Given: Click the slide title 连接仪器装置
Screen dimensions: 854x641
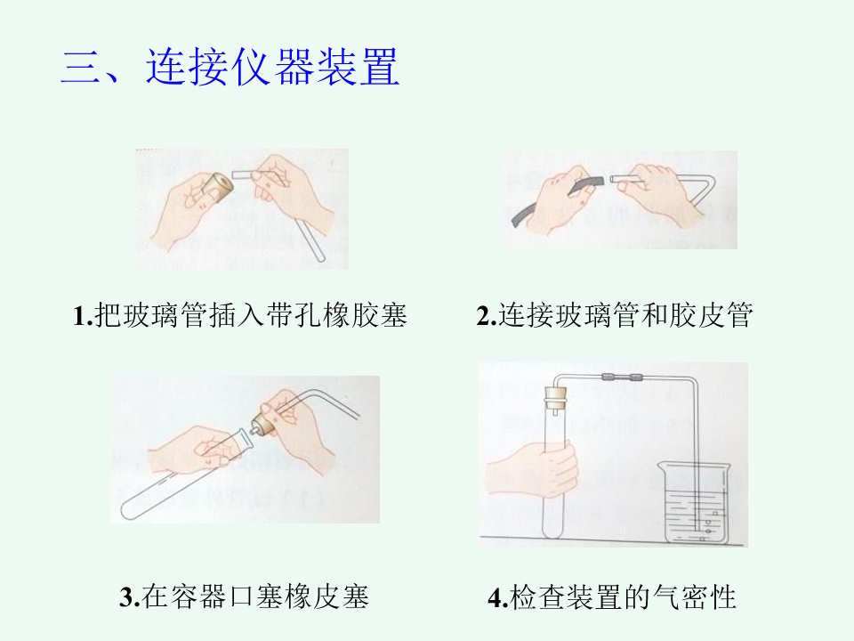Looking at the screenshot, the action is pos(273,68).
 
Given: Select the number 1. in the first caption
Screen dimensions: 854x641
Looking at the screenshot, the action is pos(84,315).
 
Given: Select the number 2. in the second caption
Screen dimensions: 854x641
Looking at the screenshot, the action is pos(487,315).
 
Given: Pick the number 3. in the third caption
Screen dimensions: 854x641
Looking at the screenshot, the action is pos(130,596).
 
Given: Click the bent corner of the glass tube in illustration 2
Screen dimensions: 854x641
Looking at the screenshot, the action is pos(712,178).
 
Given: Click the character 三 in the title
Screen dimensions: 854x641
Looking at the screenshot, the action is pos(81,68).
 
